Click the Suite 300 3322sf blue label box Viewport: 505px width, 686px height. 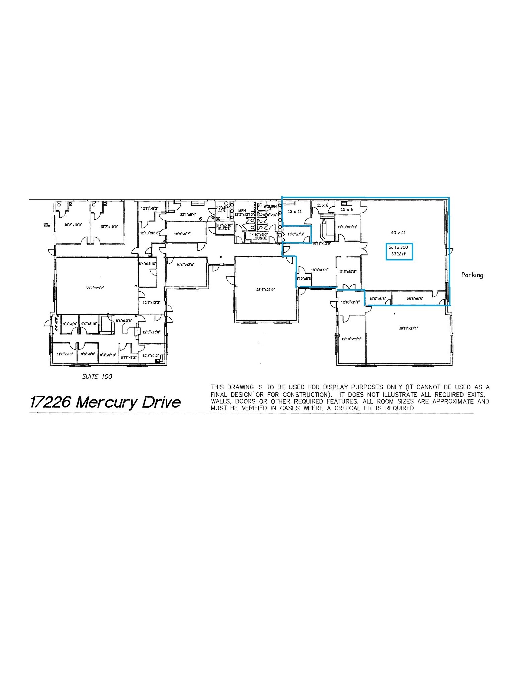(399, 251)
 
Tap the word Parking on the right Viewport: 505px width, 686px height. (472, 275)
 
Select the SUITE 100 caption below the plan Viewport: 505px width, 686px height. (97, 376)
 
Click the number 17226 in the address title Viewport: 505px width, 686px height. (51, 402)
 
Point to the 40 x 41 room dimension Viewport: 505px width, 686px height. (398, 232)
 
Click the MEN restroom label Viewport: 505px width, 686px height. (242, 211)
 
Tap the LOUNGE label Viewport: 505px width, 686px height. (260, 238)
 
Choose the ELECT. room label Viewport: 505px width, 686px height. (224, 229)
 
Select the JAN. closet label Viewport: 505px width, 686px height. (223, 211)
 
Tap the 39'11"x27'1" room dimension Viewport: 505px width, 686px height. (408, 328)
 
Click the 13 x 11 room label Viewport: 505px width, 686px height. (295, 212)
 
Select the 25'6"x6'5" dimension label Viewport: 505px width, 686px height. (415, 298)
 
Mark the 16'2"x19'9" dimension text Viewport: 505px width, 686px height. (73, 225)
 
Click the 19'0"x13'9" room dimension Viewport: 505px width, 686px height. (185, 265)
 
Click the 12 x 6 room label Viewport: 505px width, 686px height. (347, 209)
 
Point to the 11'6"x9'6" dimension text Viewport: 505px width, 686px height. (65, 354)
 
